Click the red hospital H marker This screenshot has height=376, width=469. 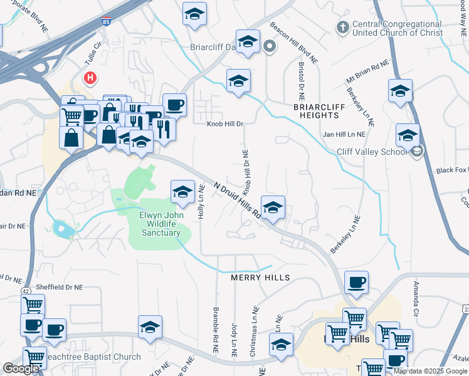90,78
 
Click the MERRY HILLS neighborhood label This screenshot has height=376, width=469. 260,278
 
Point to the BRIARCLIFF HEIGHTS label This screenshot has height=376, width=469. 320,111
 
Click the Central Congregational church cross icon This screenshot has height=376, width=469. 342,27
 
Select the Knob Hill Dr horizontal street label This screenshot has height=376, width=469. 225,124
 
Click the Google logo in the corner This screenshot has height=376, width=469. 21,368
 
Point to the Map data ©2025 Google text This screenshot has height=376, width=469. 431,371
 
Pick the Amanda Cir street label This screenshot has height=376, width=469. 415,298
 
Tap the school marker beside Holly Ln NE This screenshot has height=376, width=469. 182,191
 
